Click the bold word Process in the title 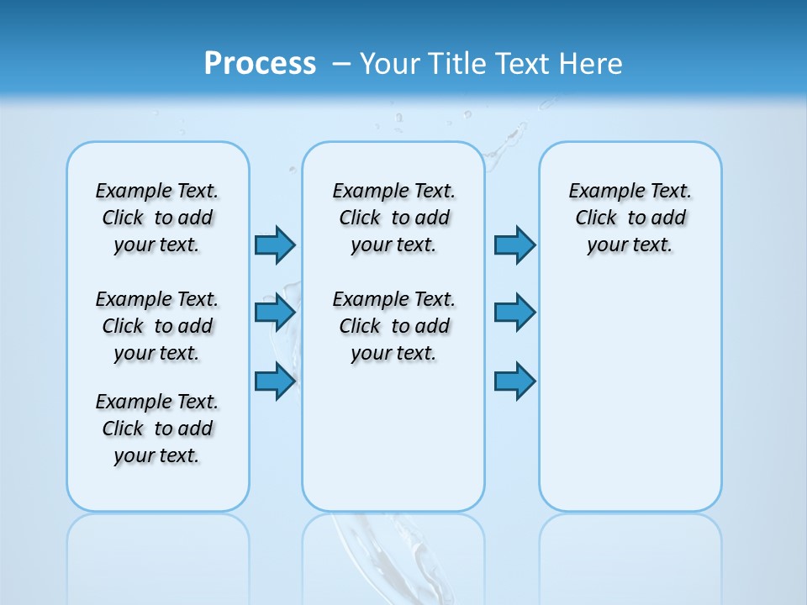(260, 64)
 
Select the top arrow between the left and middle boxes (275, 245)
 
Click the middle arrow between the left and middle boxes (275, 313)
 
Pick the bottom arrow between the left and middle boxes (275, 381)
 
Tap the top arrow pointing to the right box (514, 245)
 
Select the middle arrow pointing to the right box (514, 313)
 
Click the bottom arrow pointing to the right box (514, 381)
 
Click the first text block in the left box (157, 218)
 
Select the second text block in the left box (157, 326)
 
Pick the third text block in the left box (157, 429)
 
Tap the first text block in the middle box (393, 218)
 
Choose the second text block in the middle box (393, 326)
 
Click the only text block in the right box (630, 218)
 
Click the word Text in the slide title (522, 64)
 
